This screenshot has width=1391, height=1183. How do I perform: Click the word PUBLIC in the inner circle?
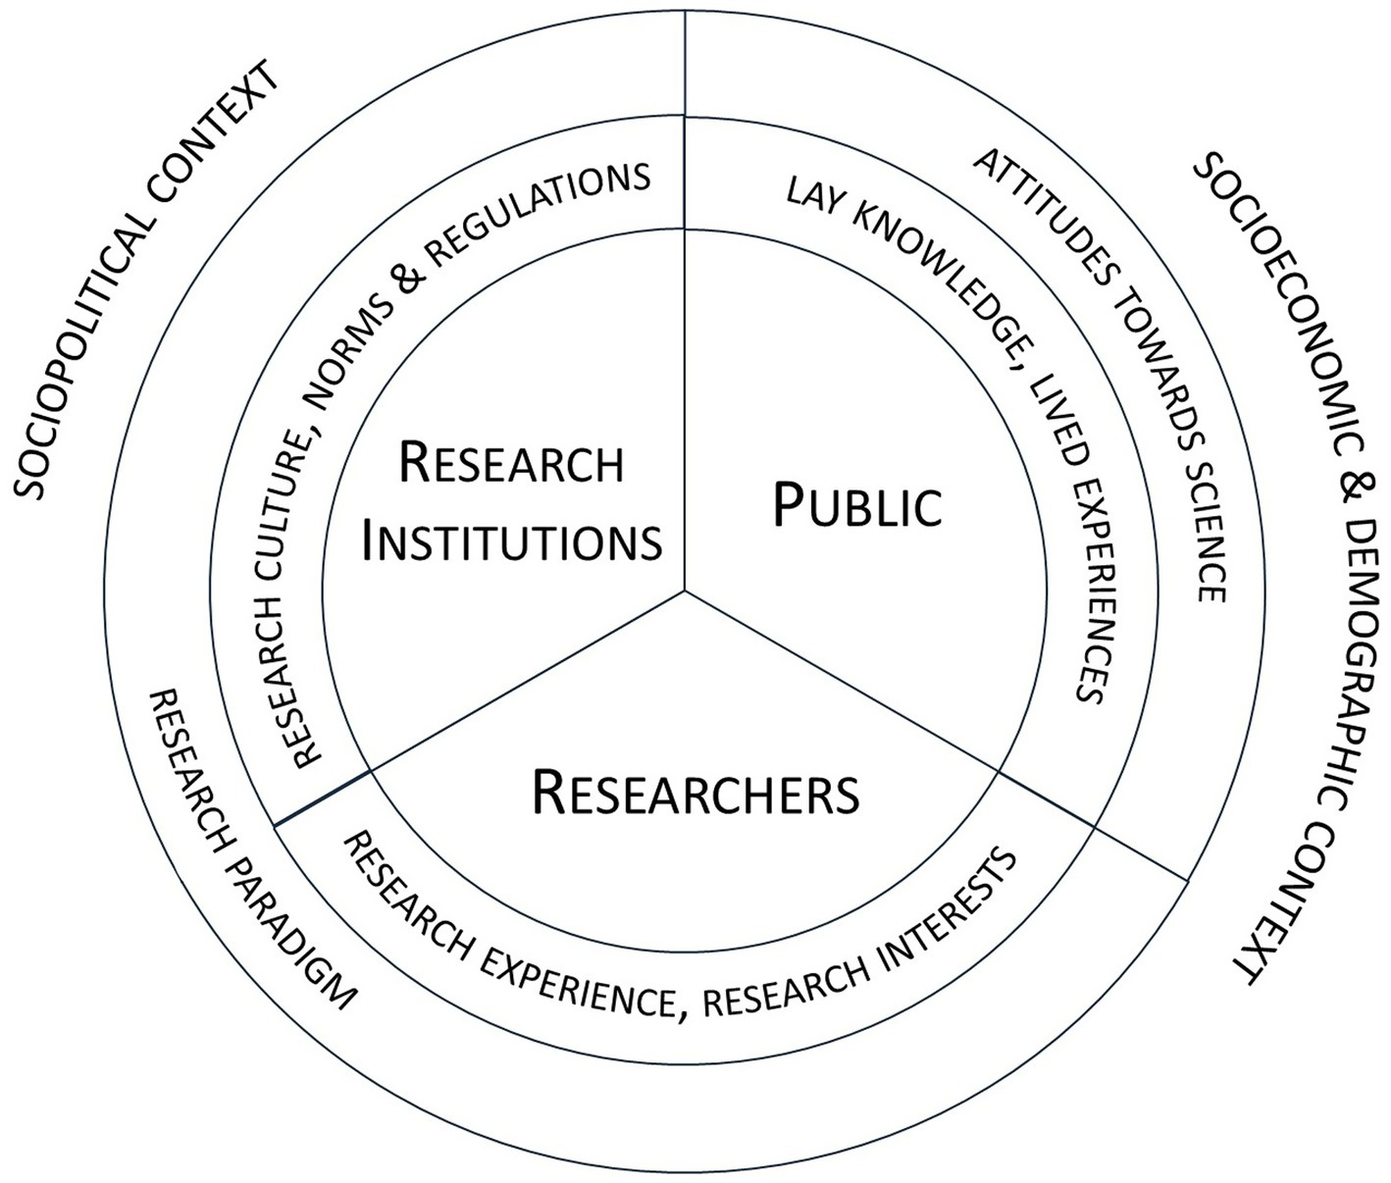(857, 505)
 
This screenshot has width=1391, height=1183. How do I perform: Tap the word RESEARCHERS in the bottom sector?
(695, 793)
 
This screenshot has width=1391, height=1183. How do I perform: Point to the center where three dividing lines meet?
(685, 591)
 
